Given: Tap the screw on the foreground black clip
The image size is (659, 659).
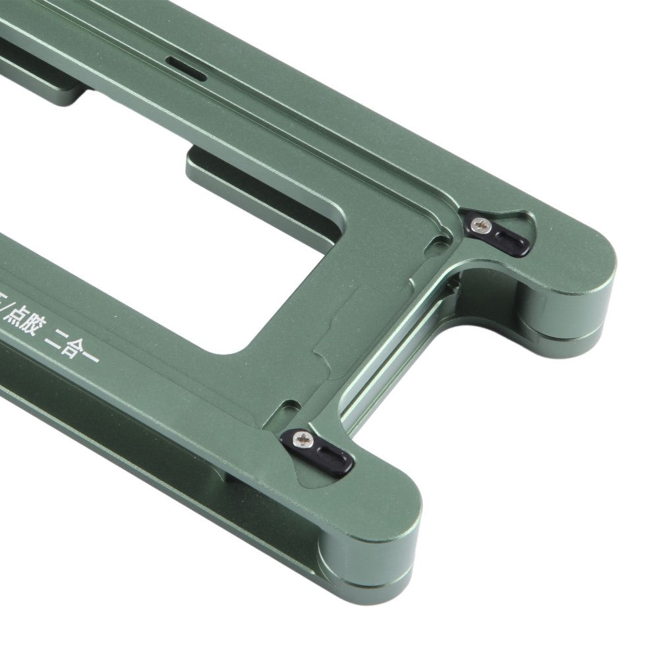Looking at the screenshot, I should pyautogui.click(x=304, y=438).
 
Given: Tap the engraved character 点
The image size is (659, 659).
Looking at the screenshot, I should pyautogui.click(x=18, y=312).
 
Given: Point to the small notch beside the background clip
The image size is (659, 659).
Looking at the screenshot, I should pyautogui.click(x=434, y=244).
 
